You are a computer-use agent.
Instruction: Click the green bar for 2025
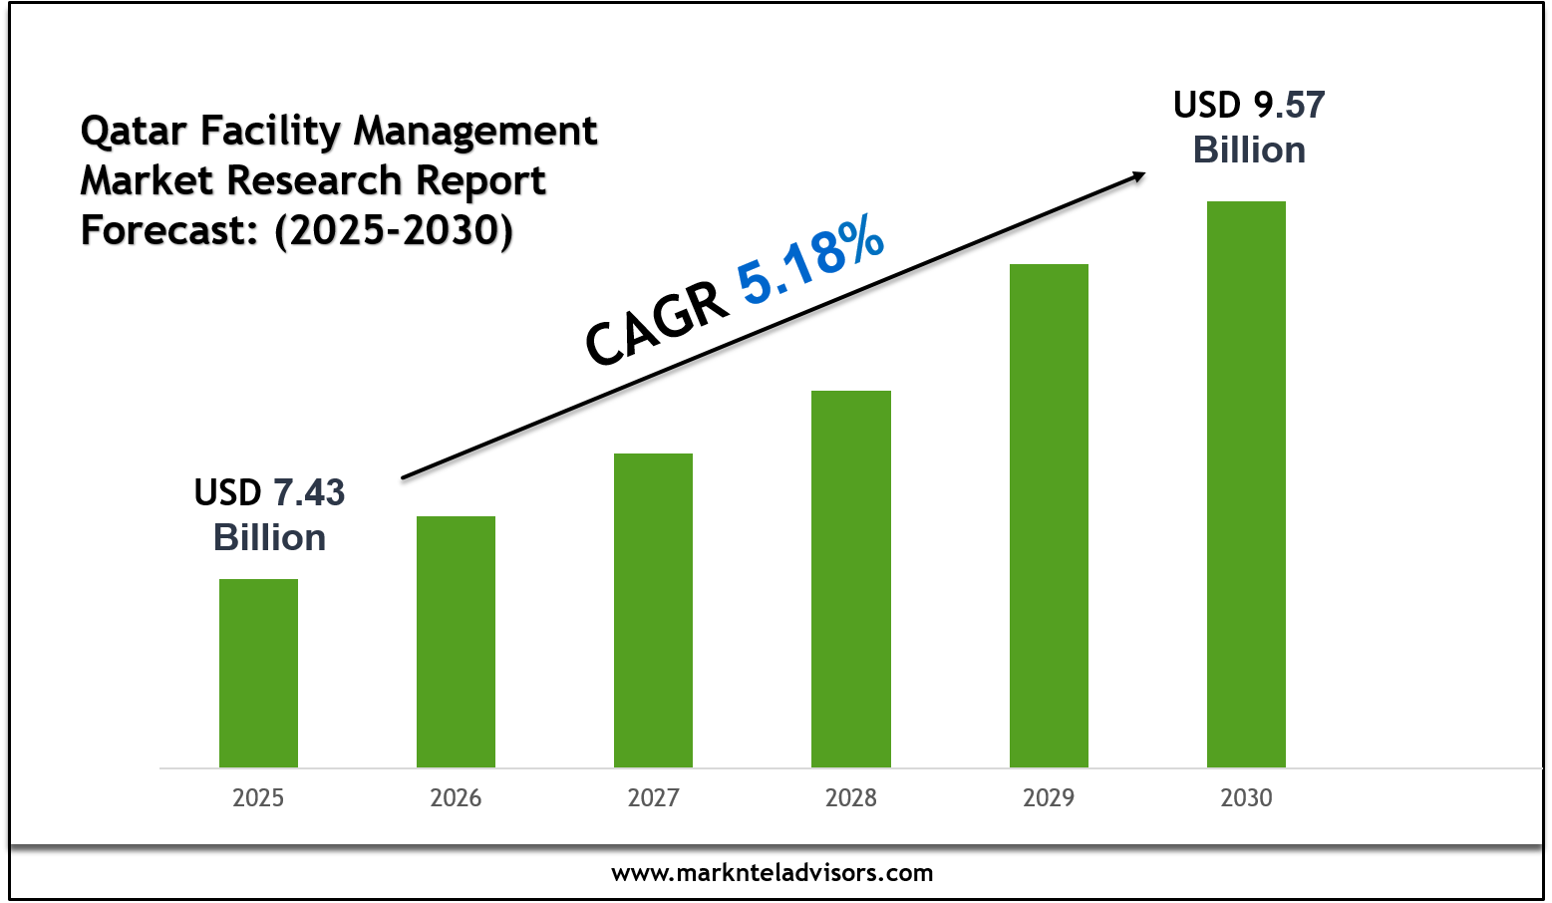(258, 673)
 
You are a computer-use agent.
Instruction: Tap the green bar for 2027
(653, 610)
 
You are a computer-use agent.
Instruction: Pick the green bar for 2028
(850, 578)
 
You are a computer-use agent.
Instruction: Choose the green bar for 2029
(1049, 515)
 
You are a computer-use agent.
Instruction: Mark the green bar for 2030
(1246, 483)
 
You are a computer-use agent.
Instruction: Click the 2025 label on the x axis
(258, 798)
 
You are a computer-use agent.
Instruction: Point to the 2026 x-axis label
(456, 798)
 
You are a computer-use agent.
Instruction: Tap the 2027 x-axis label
(653, 798)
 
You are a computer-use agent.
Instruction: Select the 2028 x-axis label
(850, 798)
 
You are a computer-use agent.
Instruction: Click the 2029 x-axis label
(1049, 798)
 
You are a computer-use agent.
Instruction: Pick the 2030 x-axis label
(1246, 798)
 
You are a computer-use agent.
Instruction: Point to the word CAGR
(656, 322)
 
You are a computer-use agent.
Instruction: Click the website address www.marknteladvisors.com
(772, 873)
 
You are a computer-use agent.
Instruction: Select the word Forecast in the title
(163, 230)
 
